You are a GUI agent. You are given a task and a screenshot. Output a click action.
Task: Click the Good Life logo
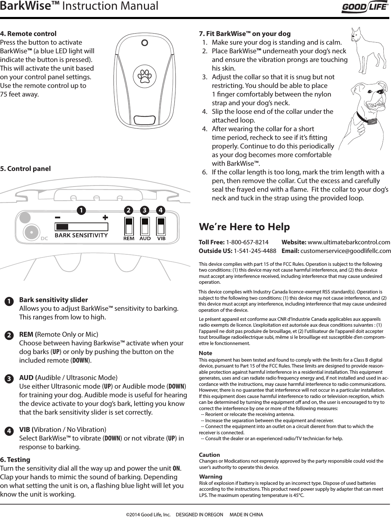pos(365,7)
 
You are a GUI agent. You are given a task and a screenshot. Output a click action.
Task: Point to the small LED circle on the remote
pos(145,43)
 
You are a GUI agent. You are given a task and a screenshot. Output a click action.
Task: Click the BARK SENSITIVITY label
pos(81,235)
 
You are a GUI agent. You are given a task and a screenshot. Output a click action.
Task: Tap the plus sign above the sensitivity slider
pos(105,217)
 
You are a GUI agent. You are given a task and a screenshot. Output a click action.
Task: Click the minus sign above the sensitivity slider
pos(57,217)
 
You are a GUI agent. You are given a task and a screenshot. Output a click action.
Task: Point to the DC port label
pos(44,238)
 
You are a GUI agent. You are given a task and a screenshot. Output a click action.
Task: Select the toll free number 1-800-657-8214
pos(247,242)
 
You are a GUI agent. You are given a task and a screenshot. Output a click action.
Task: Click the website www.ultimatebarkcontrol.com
pos(349,242)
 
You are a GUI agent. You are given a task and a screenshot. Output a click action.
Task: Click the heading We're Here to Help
pos(244,227)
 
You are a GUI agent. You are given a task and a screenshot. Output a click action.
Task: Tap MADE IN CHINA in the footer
pos(246,514)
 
